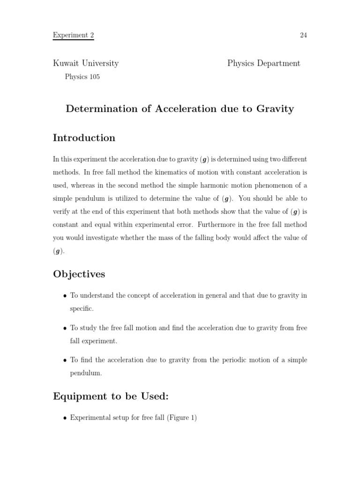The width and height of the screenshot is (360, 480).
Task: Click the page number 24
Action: point(303,35)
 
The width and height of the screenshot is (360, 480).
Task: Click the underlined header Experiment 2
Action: point(73,35)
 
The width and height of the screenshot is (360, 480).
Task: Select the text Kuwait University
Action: point(85,63)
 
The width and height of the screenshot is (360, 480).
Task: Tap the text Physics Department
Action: point(264,63)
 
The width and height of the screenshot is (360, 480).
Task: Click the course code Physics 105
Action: point(82,77)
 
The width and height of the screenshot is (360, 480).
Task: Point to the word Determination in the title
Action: point(97,109)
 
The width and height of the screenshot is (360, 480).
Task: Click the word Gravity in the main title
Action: point(275,109)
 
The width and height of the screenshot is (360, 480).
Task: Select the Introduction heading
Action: point(84,138)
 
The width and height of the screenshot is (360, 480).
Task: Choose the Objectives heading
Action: point(79,274)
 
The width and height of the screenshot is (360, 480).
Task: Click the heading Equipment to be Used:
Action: point(111,397)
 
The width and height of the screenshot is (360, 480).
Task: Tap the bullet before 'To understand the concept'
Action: point(65,296)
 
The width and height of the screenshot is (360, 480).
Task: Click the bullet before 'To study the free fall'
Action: point(65,329)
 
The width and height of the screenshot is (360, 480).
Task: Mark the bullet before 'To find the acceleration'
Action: point(65,360)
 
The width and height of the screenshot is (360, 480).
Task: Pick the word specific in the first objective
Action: point(82,309)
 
